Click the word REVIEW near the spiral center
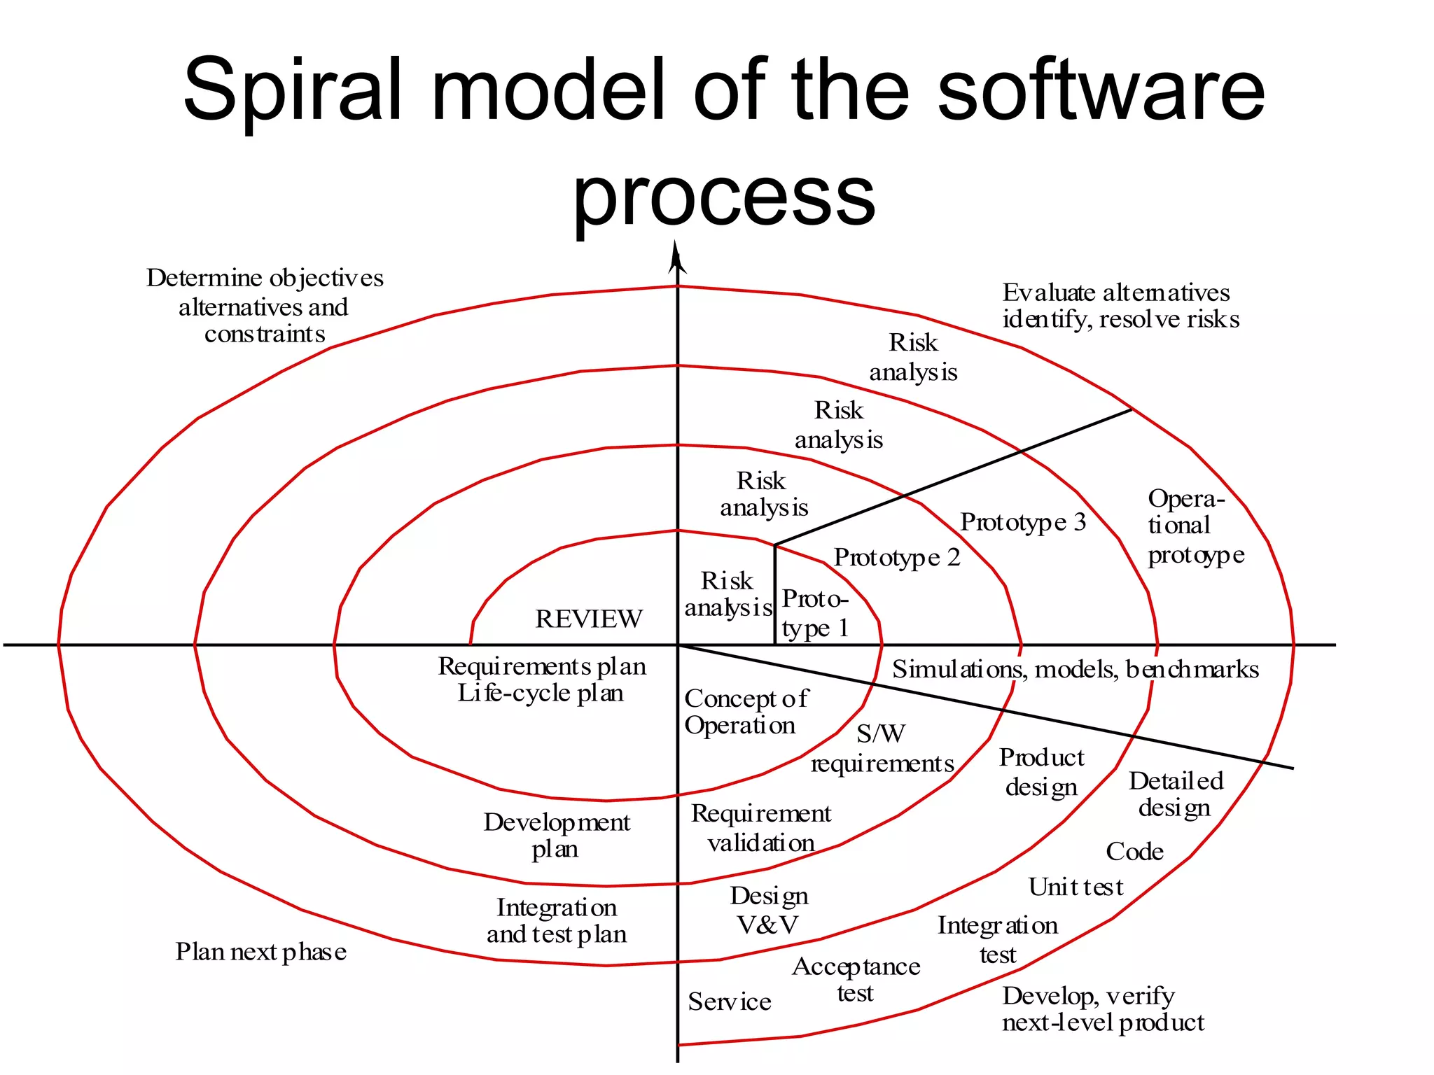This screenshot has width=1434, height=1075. pyautogui.click(x=588, y=619)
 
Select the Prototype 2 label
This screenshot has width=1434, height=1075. pyautogui.click(x=897, y=558)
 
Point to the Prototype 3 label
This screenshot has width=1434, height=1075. pyautogui.click(x=1023, y=522)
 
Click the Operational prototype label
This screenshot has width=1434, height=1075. pyautogui.click(x=1195, y=526)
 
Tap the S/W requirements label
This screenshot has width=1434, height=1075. pyautogui.click(x=882, y=749)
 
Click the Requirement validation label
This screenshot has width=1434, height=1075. pyautogui.click(x=761, y=828)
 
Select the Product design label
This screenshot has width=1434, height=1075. pyautogui.click(x=1041, y=772)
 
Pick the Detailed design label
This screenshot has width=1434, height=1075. pyautogui.click(x=1176, y=794)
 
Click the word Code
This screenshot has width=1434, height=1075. pyautogui.click(x=1134, y=852)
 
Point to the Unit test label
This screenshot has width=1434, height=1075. pyautogui.click(x=1075, y=887)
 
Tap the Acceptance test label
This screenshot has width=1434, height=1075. pyautogui.click(x=856, y=980)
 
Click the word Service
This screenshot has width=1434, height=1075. pyautogui.click(x=730, y=1002)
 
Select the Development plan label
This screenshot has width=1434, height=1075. pyautogui.click(x=557, y=836)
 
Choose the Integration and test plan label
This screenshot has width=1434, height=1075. pyautogui.click(x=557, y=921)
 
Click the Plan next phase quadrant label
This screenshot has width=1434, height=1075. pyautogui.click(x=260, y=952)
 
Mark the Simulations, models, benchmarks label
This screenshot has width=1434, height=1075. pyautogui.click(x=1075, y=670)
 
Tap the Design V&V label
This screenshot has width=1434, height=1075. pyautogui.click(x=769, y=911)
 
